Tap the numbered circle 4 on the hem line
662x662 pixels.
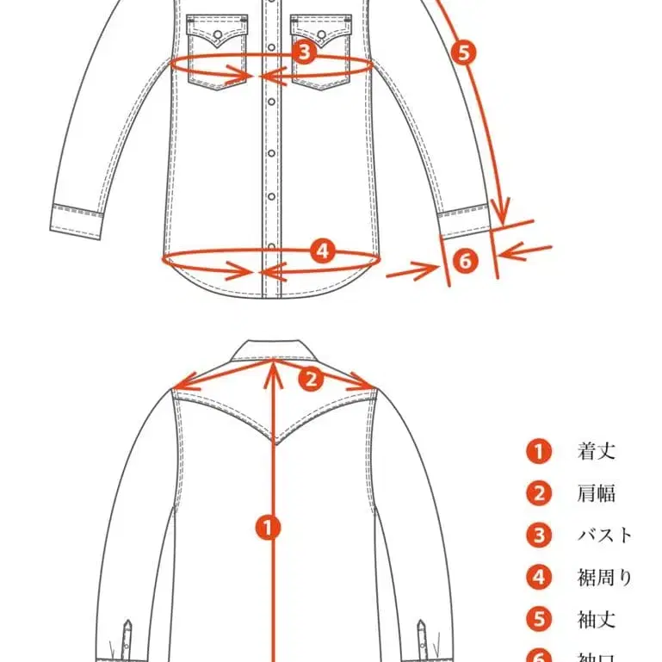pos(321,251)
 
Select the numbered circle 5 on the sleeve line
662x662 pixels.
pos(463,53)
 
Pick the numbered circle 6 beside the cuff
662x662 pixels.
pos(464,260)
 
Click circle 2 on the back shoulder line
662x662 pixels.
pos(312,377)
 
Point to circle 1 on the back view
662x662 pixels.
pos(271,527)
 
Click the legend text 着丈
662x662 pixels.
pos(597,450)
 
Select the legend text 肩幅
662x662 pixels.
pos(597,493)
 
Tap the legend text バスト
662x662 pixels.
pos(605,535)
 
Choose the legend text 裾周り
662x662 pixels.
pos(605,577)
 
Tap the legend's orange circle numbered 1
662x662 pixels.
pos(539,451)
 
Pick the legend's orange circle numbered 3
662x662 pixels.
pos(539,535)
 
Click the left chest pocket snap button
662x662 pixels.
pos(218,35)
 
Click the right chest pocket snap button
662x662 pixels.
pos(322,35)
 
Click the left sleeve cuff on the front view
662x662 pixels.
pos(77,219)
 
